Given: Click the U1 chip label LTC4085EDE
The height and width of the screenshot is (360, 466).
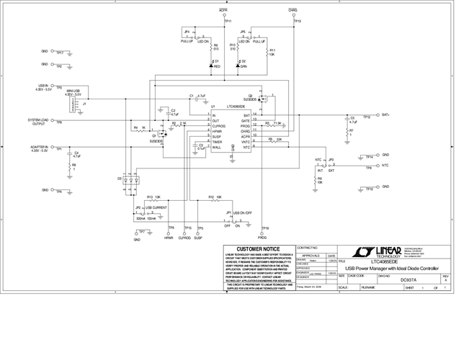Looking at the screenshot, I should pos(240,107).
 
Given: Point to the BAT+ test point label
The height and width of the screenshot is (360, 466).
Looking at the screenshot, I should pos(386,115).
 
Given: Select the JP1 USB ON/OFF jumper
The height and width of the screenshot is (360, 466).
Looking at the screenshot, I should pos(235,218).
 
